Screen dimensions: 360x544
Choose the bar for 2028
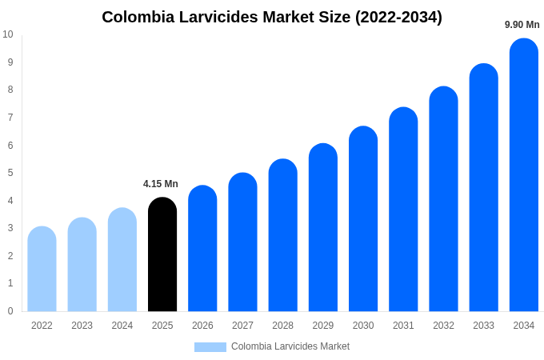282,235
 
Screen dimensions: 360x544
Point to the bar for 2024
122,259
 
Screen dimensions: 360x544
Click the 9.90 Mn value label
522,25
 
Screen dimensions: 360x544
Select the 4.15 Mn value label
161,184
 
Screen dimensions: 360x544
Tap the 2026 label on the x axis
202,326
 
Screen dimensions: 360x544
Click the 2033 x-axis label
483,326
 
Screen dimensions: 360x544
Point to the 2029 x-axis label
323,326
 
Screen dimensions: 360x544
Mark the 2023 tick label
82,326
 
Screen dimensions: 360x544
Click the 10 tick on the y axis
8,34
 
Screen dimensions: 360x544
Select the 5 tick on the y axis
10,173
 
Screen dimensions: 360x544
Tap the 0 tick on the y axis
10,311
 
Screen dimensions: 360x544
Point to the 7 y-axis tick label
10,118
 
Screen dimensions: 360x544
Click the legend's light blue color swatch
210,347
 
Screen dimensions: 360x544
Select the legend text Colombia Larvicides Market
290,346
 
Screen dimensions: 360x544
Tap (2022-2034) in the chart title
398,17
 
